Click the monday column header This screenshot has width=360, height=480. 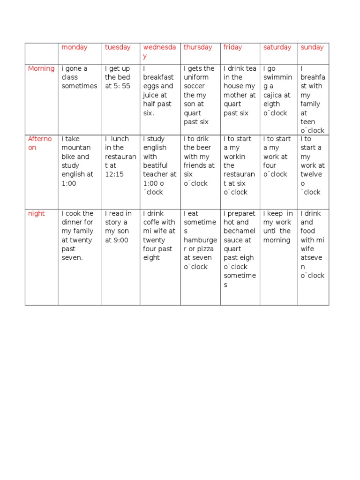[75, 47]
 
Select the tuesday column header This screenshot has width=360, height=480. [118, 47]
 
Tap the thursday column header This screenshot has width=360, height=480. [198, 47]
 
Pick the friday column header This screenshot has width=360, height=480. [233, 47]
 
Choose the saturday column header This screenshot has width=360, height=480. [277, 47]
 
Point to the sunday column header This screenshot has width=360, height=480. [312, 47]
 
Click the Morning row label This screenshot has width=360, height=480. [41, 68]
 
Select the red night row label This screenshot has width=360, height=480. [37, 214]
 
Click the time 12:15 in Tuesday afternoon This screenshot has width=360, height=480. [114, 174]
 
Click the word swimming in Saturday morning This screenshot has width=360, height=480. [277, 82]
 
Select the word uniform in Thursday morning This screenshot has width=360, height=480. [196, 77]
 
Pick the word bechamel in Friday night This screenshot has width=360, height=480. [240, 232]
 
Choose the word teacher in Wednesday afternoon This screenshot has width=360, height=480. [156, 174]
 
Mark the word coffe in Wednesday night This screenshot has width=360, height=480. [152, 223]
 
